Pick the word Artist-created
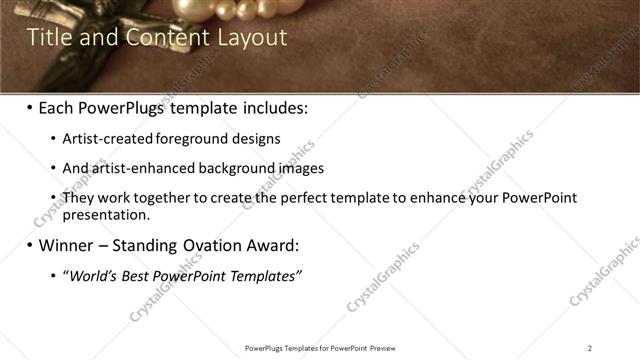(x=102, y=139)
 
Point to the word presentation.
(x=106, y=214)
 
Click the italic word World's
(x=92, y=276)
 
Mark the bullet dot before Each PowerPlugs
(x=29, y=107)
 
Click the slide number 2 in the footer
(x=590, y=348)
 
